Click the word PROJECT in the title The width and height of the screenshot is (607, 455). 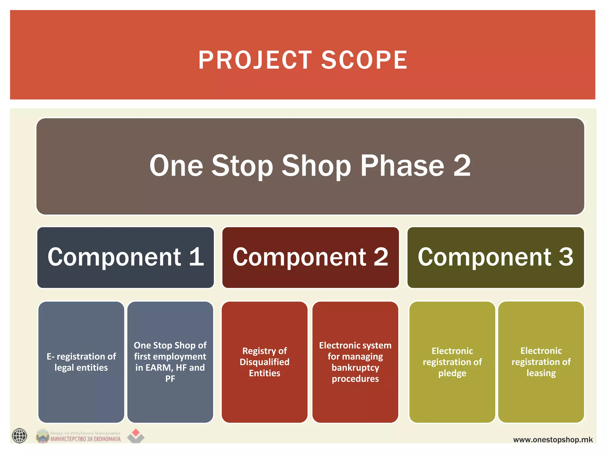(x=255, y=60)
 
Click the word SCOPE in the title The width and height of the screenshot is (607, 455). (x=364, y=60)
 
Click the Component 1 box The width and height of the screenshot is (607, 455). (x=125, y=257)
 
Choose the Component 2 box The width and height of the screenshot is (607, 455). (x=310, y=257)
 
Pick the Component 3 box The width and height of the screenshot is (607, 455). (x=495, y=257)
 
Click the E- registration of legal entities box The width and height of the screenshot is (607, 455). (x=81, y=362)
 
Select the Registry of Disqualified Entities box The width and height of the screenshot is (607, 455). (x=264, y=362)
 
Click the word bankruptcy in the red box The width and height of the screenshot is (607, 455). (x=355, y=368)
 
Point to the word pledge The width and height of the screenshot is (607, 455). (x=452, y=373)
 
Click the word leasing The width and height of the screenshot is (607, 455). (x=541, y=373)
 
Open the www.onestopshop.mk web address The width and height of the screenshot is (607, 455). (x=553, y=440)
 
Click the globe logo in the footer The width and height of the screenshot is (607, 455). (x=20, y=436)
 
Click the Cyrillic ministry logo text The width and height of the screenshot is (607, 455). (x=85, y=439)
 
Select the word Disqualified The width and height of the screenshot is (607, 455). (x=264, y=362)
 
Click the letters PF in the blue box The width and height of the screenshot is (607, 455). (x=170, y=379)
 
